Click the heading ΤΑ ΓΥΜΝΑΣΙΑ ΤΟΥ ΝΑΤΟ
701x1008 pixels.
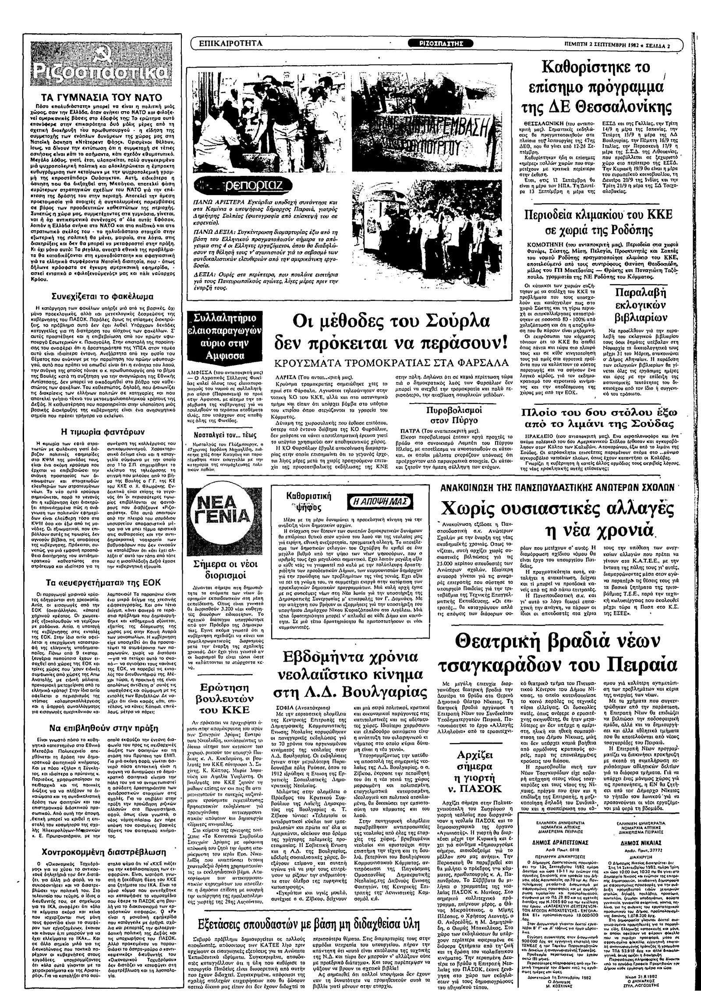coord(108,97)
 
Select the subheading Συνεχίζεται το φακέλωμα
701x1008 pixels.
coord(109,295)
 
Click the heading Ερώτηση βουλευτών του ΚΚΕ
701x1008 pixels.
coord(224,698)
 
